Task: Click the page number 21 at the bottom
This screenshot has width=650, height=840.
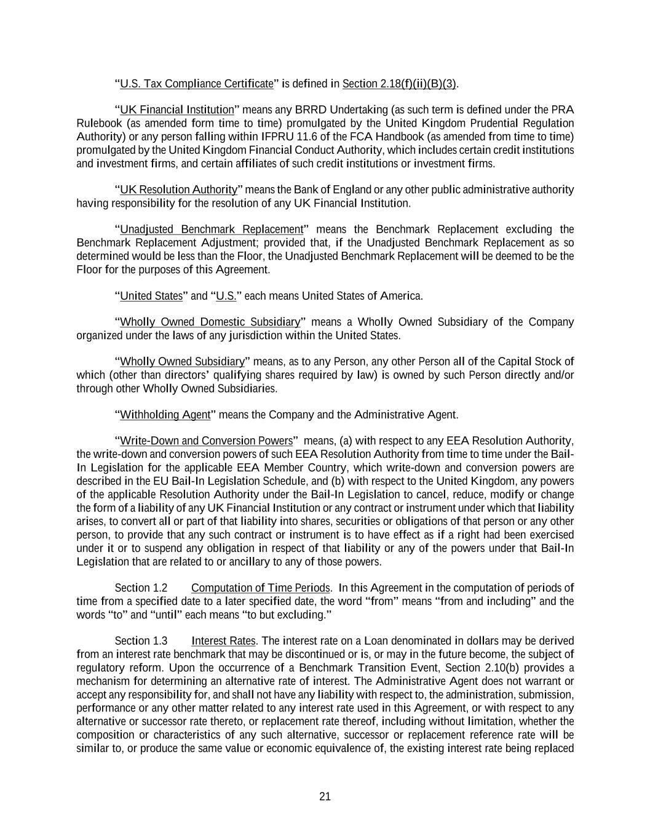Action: [325, 796]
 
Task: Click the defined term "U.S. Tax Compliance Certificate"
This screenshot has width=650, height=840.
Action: [196, 84]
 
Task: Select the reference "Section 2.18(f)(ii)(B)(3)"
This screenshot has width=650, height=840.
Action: [399, 84]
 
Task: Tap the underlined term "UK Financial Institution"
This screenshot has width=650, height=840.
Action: [177, 110]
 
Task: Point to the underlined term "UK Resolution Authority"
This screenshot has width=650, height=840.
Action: [178, 190]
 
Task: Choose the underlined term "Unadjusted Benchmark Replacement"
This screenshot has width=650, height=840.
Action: [212, 230]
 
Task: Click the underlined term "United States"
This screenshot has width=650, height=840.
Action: [151, 296]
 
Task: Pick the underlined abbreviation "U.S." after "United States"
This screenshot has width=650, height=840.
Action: [226, 296]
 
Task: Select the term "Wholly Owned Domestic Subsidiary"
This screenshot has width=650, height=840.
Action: [210, 322]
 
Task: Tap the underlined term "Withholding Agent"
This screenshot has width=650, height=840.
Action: [165, 415]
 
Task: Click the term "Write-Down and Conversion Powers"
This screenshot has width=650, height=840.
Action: [206, 441]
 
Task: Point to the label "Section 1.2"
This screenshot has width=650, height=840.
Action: [141, 588]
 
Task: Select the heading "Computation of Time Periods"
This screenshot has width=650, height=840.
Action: [261, 588]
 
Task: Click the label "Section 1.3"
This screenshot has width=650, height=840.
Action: [141, 641]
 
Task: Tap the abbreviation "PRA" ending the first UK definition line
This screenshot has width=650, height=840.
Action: [562, 110]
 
